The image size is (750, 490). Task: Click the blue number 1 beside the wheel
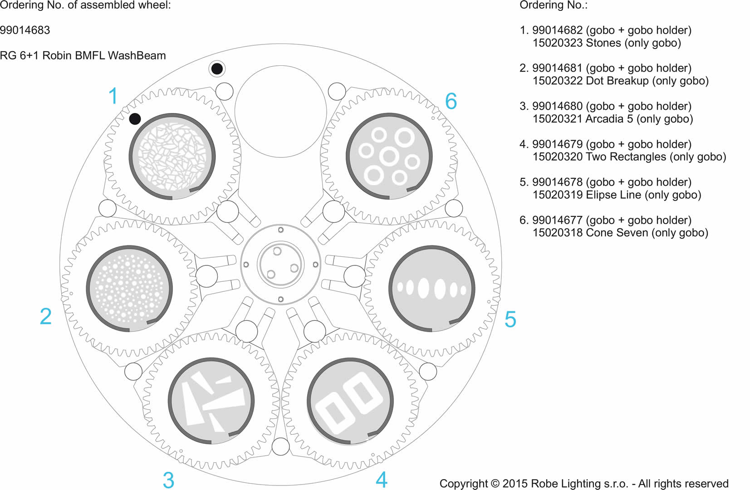click(113, 96)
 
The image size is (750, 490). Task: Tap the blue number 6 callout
click(451, 101)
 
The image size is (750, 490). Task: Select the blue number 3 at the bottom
click(168, 480)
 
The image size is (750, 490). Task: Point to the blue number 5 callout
click(510, 319)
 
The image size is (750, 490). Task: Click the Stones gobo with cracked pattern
click(172, 156)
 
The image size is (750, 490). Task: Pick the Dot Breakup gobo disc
click(129, 289)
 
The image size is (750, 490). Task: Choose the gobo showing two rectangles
click(350, 401)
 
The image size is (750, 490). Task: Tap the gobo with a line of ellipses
click(431, 289)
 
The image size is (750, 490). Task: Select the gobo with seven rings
click(389, 156)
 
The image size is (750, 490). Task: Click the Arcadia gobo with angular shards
click(211, 401)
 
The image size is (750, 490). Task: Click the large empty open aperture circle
click(280, 111)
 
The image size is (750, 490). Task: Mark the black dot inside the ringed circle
click(217, 69)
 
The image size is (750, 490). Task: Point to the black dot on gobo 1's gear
click(135, 119)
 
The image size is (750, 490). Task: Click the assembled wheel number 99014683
click(25, 30)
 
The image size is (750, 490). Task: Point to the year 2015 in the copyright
click(515, 484)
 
